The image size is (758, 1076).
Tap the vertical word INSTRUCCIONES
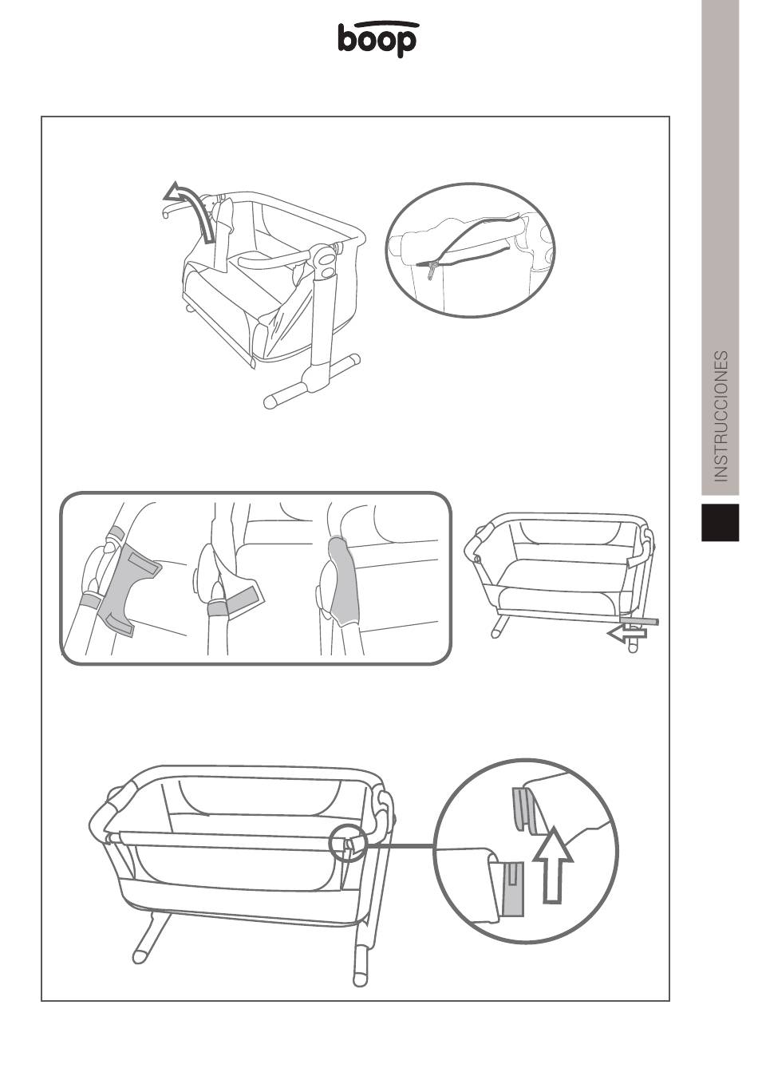pos(720,416)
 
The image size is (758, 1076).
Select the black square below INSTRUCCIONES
pos(720,522)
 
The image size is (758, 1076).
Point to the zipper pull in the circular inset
pos(432,270)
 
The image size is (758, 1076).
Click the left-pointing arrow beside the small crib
pos(627,634)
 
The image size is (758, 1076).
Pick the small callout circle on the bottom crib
pos(348,848)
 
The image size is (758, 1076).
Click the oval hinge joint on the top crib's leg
pos(326,263)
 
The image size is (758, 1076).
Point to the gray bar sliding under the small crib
pos(639,621)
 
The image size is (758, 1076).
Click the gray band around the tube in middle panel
pos(219,608)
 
